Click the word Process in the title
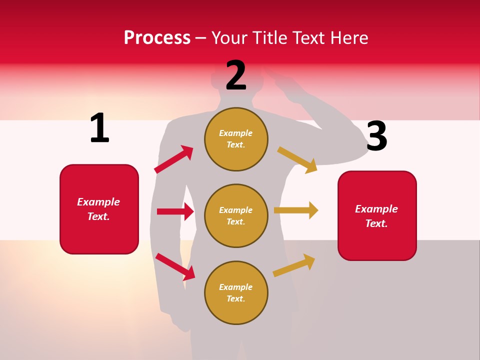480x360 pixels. click(157, 38)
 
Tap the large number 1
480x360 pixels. click(99, 128)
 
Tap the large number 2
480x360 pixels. click(236, 75)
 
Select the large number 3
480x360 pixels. click(376, 136)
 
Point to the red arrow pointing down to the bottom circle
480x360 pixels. click(175, 266)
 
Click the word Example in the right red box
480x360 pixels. click(376, 209)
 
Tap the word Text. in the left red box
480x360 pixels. click(98, 216)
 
